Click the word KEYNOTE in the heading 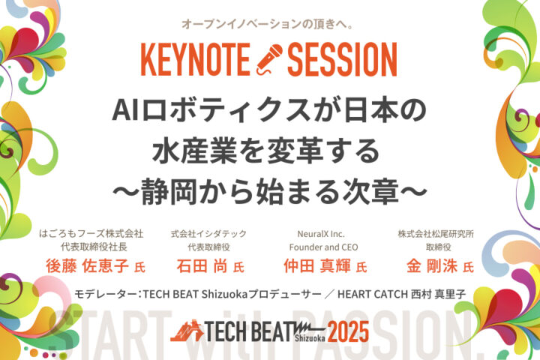point(195,59)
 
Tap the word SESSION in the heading point(342,59)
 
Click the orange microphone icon point(269,59)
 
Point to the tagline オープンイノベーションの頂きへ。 point(268,24)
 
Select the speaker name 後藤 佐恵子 point(87,266)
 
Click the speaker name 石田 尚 point(202,266)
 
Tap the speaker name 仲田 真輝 point(317,266)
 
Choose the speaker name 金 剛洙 point(432,266)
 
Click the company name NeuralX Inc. point(321,234)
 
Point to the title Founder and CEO point(323,247)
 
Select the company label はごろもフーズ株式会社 point(91,233)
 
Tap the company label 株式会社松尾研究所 point(436,234)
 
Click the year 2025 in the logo point(348,331)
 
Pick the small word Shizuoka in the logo point(310,338)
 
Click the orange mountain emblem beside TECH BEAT point(187,331)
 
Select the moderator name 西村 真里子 point(439,294)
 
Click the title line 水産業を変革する point(266,151)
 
